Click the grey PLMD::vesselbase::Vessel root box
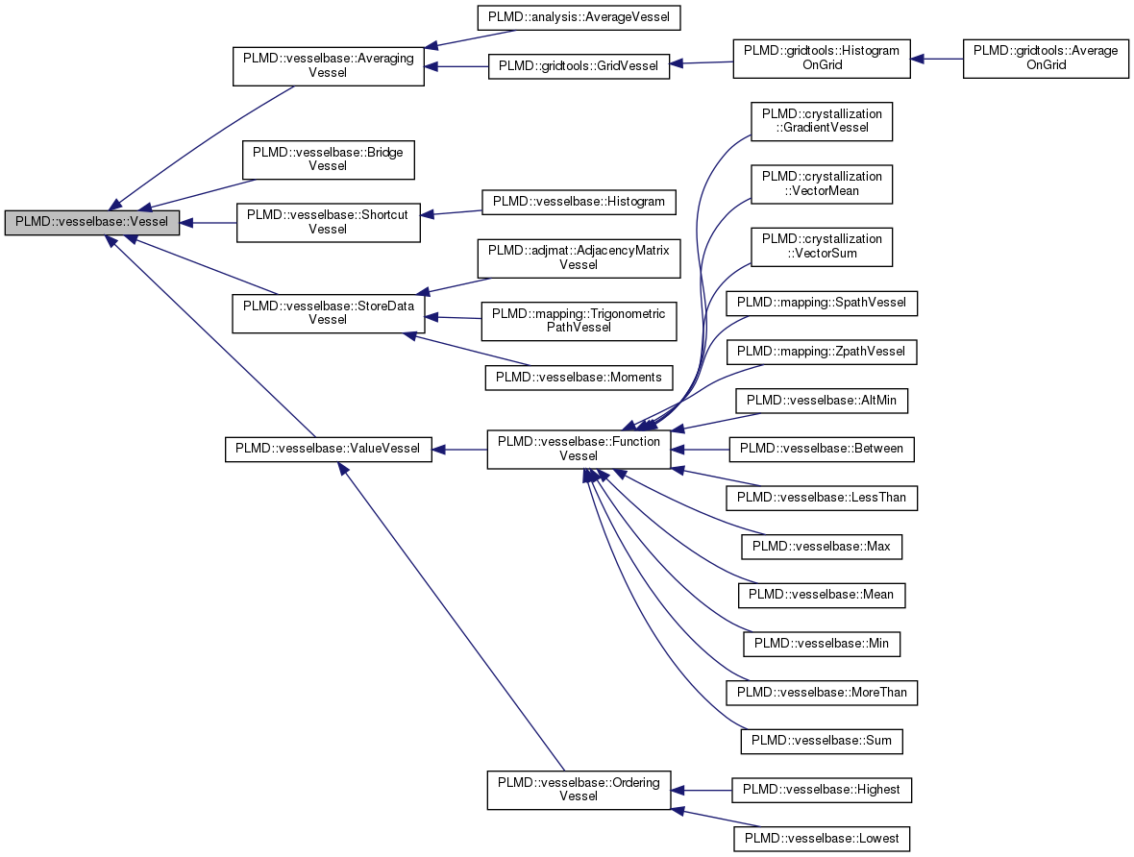point(92,222)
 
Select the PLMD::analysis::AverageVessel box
point(579,17)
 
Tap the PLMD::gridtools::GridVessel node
point(579,66)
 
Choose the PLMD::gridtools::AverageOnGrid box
point(1046,59)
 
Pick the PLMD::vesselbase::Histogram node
point(579,202)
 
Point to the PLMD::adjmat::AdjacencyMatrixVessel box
point(579,257)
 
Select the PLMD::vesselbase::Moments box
point(579,378)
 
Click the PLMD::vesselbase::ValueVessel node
point(328,449)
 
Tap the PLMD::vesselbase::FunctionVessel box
point(579,449)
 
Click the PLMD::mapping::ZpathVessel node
point(822,352)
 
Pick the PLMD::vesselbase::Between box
point(822,449)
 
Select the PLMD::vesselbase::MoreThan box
point(822,692)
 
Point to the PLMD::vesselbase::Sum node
point(822,741)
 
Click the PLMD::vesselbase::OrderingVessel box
point(579,790)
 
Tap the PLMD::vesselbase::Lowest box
point(822,839)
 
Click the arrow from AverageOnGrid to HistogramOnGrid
point(937,59)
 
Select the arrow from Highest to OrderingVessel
point(702,790)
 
